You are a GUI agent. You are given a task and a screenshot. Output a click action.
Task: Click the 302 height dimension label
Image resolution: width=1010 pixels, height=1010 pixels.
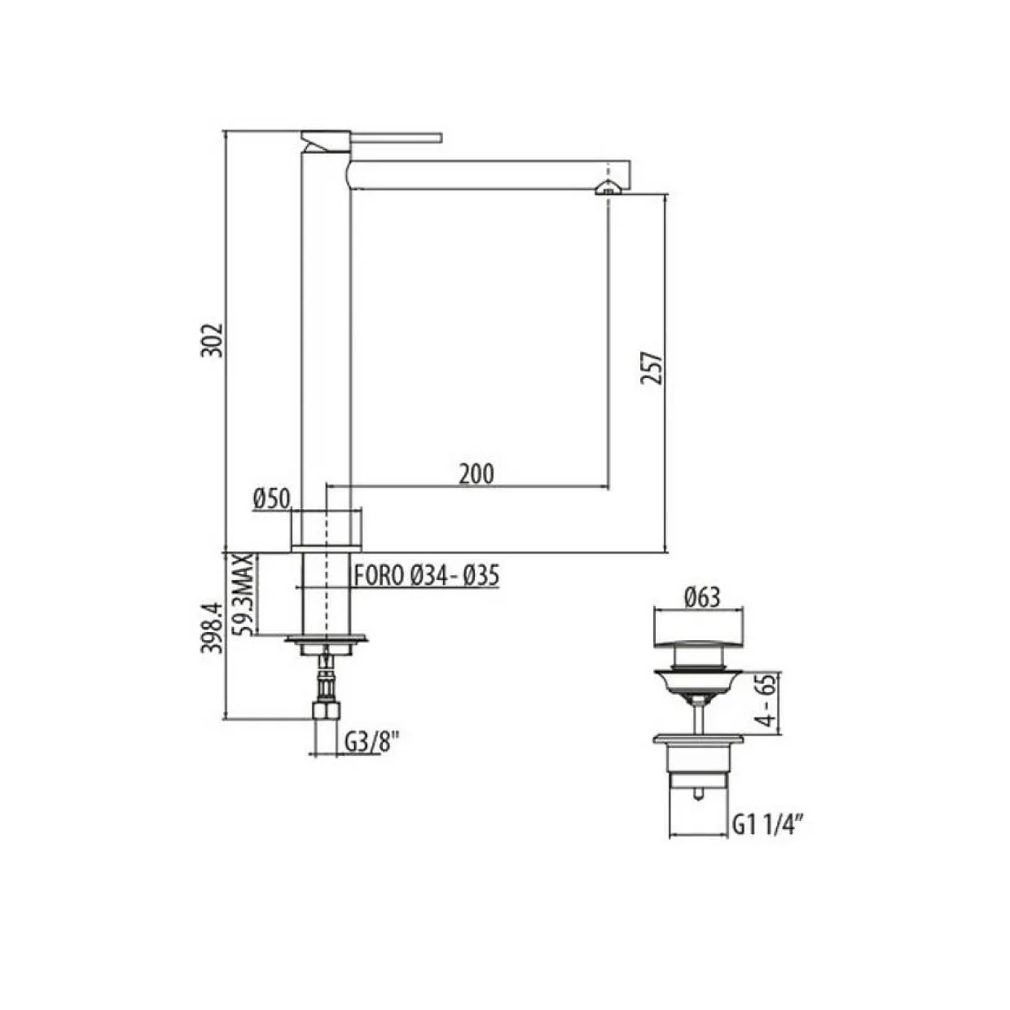coord(213,340)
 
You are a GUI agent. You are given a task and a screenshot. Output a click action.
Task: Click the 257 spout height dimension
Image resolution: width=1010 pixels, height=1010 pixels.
coord(652,368)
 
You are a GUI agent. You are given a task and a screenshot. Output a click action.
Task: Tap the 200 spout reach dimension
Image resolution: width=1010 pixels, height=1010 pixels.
coord(476,474)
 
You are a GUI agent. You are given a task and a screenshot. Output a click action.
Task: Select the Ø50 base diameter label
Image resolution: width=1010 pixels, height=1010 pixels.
coord(271,498)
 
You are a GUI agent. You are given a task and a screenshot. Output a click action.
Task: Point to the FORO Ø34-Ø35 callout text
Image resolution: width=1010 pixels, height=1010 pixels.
coord(425,577)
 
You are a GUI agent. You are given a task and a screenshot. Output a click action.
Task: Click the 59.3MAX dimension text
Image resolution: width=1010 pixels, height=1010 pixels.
coord(246,594)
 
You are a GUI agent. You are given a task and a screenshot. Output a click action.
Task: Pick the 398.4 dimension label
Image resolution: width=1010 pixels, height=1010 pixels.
coord(213,627)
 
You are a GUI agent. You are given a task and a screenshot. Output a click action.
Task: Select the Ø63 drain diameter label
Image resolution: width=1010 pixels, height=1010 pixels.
coord(702,597)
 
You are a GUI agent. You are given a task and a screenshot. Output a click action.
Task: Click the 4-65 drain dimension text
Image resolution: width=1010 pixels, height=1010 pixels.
coord(766,700)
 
